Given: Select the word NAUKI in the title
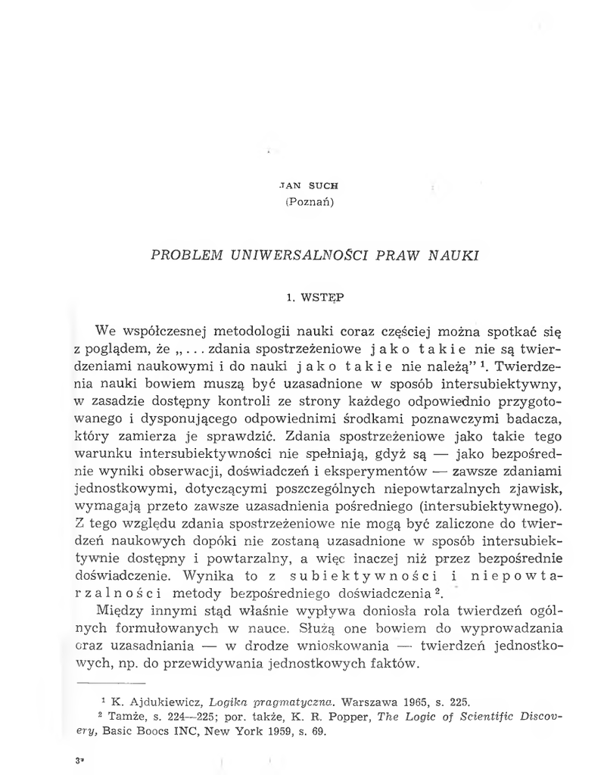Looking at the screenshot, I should tap(453, 255).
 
